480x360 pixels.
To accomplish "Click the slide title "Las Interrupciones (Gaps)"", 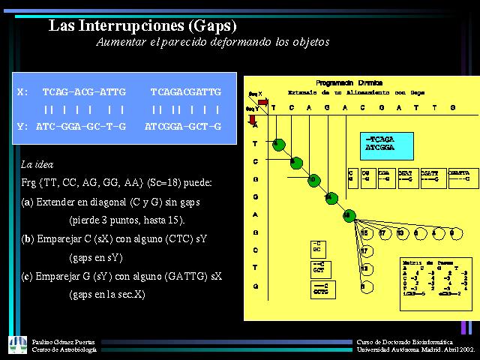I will coord(142,25).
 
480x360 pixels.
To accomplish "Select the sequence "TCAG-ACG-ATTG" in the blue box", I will coord(84,91).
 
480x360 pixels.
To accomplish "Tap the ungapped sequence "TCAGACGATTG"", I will coord(186,91).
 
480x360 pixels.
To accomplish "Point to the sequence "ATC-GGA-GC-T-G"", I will coord(81,126).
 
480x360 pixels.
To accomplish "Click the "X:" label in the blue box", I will coord(22,91).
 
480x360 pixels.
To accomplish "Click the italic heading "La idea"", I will coord(37,163).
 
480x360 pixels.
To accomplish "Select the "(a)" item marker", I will coord(28,202).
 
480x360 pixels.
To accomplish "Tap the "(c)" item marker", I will coord(28,276).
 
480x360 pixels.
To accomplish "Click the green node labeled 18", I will coord(347,215).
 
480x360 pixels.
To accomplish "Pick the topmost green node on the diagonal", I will coord(277,142).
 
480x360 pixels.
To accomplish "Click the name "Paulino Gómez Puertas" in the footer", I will coord(65,341).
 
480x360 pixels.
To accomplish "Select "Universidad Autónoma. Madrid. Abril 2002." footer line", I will coord(415,349).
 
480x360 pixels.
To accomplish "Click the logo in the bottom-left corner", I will coord(16,345).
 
